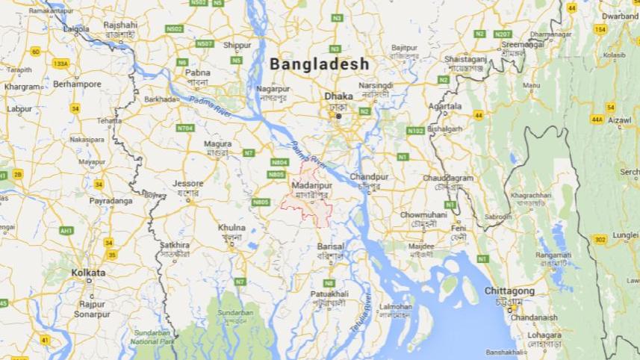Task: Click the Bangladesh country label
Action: click(x=320, y=64)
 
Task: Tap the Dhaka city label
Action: click(x=338, y=96)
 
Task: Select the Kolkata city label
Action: click(x=88, y=273)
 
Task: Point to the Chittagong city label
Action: click(x=510, y=290)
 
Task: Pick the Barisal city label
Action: click(x=330, y=246)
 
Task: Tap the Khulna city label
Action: click(x=232, y=227)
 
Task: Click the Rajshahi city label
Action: click(x=120, y=25)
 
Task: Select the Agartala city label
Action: click(x=445, y=106)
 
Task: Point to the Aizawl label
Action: click(x=620, y=120)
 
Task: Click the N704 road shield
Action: click(x=185, y=128)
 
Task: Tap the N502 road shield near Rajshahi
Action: click(x=174, y=29)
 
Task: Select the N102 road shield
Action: click(x=416, y=131)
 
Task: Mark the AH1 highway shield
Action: click(x=66, y=231)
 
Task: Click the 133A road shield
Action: click(x=60, y=64)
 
